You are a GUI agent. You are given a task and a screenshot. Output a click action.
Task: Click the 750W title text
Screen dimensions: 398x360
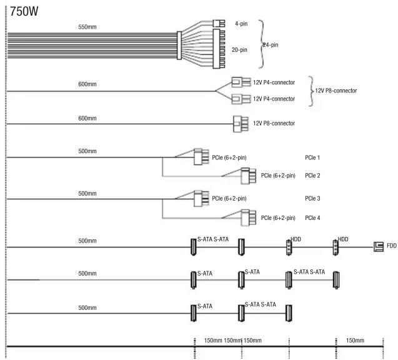pos(24,11)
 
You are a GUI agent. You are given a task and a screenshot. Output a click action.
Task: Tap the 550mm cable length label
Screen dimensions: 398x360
pos(87,27)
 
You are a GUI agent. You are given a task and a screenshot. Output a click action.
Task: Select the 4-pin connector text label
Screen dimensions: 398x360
pos(241,24)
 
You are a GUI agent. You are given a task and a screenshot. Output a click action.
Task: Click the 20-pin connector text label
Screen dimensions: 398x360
pos(239,50)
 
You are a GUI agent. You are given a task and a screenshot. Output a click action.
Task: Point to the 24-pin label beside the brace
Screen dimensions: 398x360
pos(271,45)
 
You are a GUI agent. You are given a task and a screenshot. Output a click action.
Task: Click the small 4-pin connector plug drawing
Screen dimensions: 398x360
pos(219,24)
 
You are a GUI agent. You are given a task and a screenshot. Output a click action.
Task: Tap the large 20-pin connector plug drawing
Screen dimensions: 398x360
pos(219,49)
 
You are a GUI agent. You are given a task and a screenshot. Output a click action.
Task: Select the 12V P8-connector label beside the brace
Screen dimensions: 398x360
pos(336,91)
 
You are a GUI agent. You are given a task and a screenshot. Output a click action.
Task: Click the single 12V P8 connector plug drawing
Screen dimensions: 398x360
pos(241,124)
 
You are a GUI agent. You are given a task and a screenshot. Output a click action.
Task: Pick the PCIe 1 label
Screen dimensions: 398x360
pos(312,157)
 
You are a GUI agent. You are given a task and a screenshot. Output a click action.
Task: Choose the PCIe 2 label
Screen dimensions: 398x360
pos(312,176)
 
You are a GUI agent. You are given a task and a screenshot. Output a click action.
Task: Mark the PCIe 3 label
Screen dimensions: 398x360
pos(312,198)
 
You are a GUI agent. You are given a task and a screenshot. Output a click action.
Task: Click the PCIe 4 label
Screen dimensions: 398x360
pos(312,218)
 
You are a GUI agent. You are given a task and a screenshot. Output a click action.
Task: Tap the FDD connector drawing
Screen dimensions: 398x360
pos(379,246)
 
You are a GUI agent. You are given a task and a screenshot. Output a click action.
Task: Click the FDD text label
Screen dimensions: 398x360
pos(391,246)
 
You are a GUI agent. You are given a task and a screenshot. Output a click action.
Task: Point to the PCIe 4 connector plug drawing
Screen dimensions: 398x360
pos(248,218)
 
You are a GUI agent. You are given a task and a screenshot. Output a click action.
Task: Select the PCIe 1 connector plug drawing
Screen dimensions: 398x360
pos(201,157)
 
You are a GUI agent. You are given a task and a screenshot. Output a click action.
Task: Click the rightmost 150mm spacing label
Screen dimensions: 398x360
pos(355,341)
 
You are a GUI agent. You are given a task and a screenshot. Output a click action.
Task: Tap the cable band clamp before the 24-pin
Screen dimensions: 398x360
pos(179,46)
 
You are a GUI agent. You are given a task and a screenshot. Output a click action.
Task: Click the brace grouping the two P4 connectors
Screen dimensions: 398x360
pos(311,91)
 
